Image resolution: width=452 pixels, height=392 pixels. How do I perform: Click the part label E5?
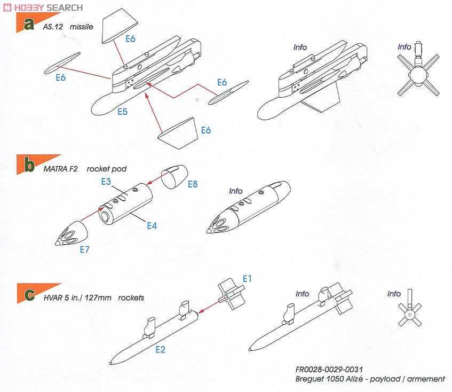(123, 113)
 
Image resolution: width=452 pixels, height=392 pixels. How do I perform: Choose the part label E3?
(106, 182)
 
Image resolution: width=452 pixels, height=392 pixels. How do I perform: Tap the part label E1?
(248, 279)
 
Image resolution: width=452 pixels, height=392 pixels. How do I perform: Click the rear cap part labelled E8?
(173, 177)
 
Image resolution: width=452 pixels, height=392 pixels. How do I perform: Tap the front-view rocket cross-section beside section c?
(409, 316)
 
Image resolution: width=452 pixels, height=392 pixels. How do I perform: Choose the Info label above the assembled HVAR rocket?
(302, 294)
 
